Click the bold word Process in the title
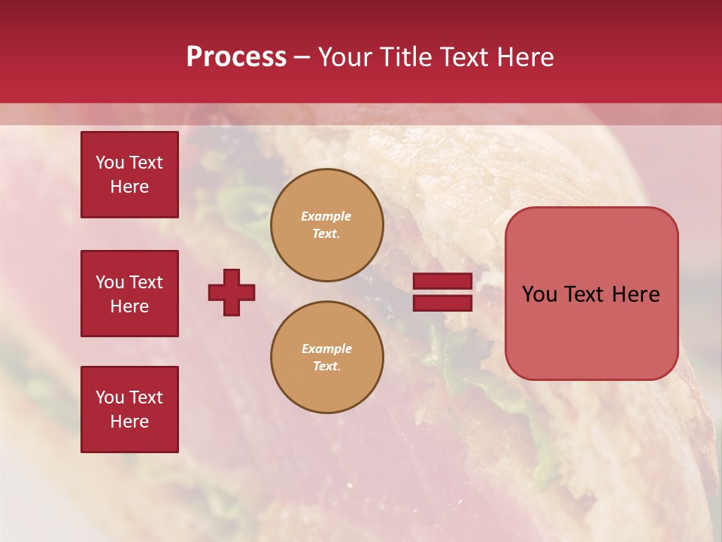point(236,57)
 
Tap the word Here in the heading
point(525,57)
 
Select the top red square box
point(129,175)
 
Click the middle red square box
point(129,294)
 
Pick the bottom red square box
point(129,410)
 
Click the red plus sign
point(232,292)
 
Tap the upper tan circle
point(326,225)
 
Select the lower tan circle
point(326,358)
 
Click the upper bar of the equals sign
point(442,281)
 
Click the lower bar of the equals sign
point(442,303)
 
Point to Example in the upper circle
point(326,216)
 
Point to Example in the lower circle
point(326,349)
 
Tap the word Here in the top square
point(129,187)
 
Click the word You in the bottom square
point(110,397)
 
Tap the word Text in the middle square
point(145,282)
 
